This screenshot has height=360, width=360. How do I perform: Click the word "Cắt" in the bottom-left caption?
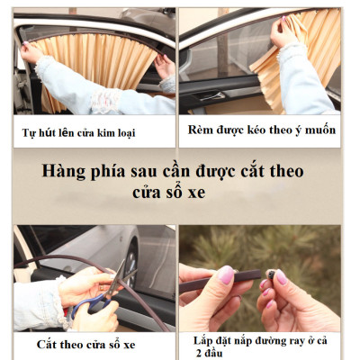(49, 344)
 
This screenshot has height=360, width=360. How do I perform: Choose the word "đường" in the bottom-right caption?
(283, 340)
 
